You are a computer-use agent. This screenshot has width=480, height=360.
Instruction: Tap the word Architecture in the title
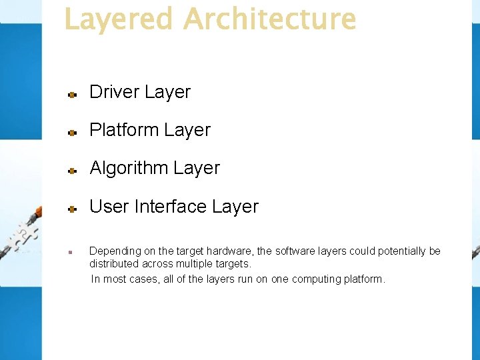pyautogui.click(x=269, y=20)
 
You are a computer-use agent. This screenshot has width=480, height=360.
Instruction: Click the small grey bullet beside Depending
pyautogui.click(x=69, y=253)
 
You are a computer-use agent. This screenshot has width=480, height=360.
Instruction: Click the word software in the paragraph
pyautogui.click(x=294, y=251)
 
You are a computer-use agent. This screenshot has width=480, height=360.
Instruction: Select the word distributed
pyautogui.click(x=114, y=264)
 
